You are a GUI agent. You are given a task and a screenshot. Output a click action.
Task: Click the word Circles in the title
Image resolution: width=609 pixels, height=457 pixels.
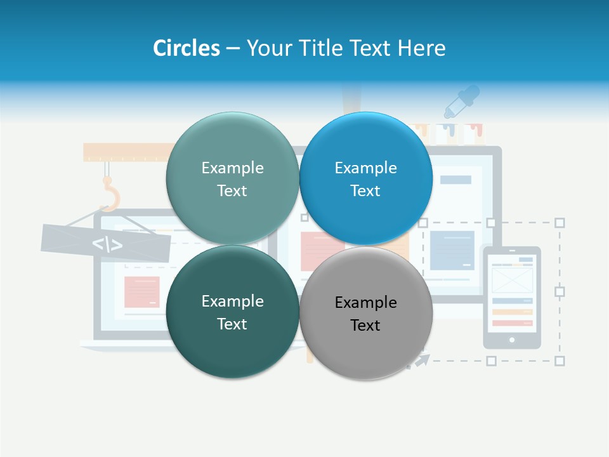(186, 48)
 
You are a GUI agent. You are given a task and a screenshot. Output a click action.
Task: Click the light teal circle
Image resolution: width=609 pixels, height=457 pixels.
(232, 178)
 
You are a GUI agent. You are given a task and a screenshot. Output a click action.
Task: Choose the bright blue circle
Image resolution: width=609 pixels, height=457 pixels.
(365, 178)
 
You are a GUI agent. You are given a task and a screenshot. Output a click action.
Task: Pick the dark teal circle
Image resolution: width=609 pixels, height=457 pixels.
(232, 312)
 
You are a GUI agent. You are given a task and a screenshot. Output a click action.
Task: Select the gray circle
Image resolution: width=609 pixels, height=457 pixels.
(365, 313)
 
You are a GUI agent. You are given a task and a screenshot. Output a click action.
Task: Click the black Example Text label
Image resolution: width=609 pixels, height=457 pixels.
(365, 314)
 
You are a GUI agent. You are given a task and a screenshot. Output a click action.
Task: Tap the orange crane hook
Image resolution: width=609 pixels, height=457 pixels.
(110, 194)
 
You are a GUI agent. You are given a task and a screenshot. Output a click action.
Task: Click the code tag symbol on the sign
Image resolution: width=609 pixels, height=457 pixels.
(107, 244)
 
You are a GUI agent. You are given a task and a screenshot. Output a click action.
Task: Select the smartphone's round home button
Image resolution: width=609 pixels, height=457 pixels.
(512, 340)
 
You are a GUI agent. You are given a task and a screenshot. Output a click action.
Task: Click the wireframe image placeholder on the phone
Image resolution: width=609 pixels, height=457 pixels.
(512, 280)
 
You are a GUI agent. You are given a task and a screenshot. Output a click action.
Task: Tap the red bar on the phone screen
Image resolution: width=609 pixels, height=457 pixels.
(512, 323)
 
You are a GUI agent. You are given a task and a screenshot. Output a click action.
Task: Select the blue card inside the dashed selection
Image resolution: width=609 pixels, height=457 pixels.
(452, 250)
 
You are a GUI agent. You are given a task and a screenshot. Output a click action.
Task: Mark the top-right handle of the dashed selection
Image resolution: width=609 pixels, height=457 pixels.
(560, 223)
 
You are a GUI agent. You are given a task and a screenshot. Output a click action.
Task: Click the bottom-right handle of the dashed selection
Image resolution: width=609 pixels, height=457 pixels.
(560, 361)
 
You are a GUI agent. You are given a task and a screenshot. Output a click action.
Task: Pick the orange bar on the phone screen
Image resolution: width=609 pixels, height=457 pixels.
(512, 312)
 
